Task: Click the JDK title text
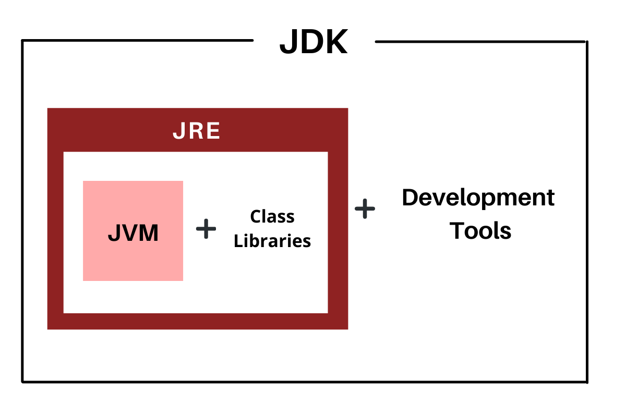click(314, 42)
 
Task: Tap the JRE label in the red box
click(197, 132)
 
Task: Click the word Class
click(272, 216)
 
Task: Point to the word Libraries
click(272, 241)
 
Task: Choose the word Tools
click(480, 230)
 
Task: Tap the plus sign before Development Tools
click(365, 209)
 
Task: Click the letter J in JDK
click(288, 43)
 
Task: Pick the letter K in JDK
click(335, 42)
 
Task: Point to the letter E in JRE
click(213, 132)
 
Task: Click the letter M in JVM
click(148, 234)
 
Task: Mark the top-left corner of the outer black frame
click(22, 41)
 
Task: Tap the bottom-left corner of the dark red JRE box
click(48, 328)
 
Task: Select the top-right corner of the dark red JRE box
click(347, 109)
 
